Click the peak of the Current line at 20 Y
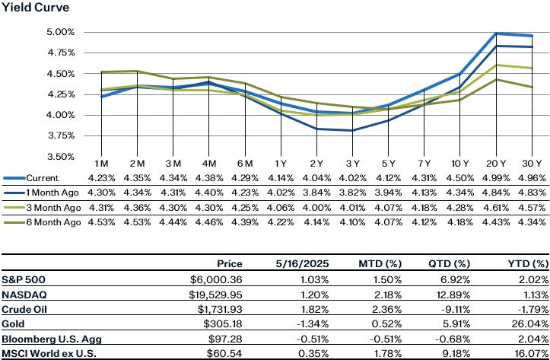(x=496, y=33)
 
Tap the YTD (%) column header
(x=528, y=263)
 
